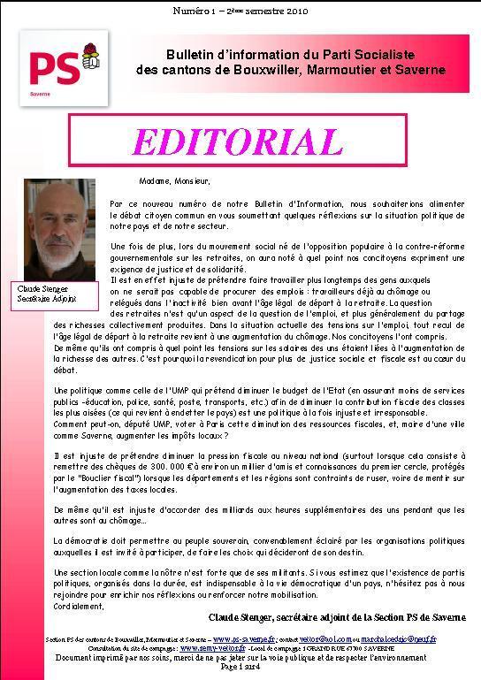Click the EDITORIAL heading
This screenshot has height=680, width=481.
(x=238, y=141)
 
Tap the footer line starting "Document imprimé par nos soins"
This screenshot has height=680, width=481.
(x=240, y=656)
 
